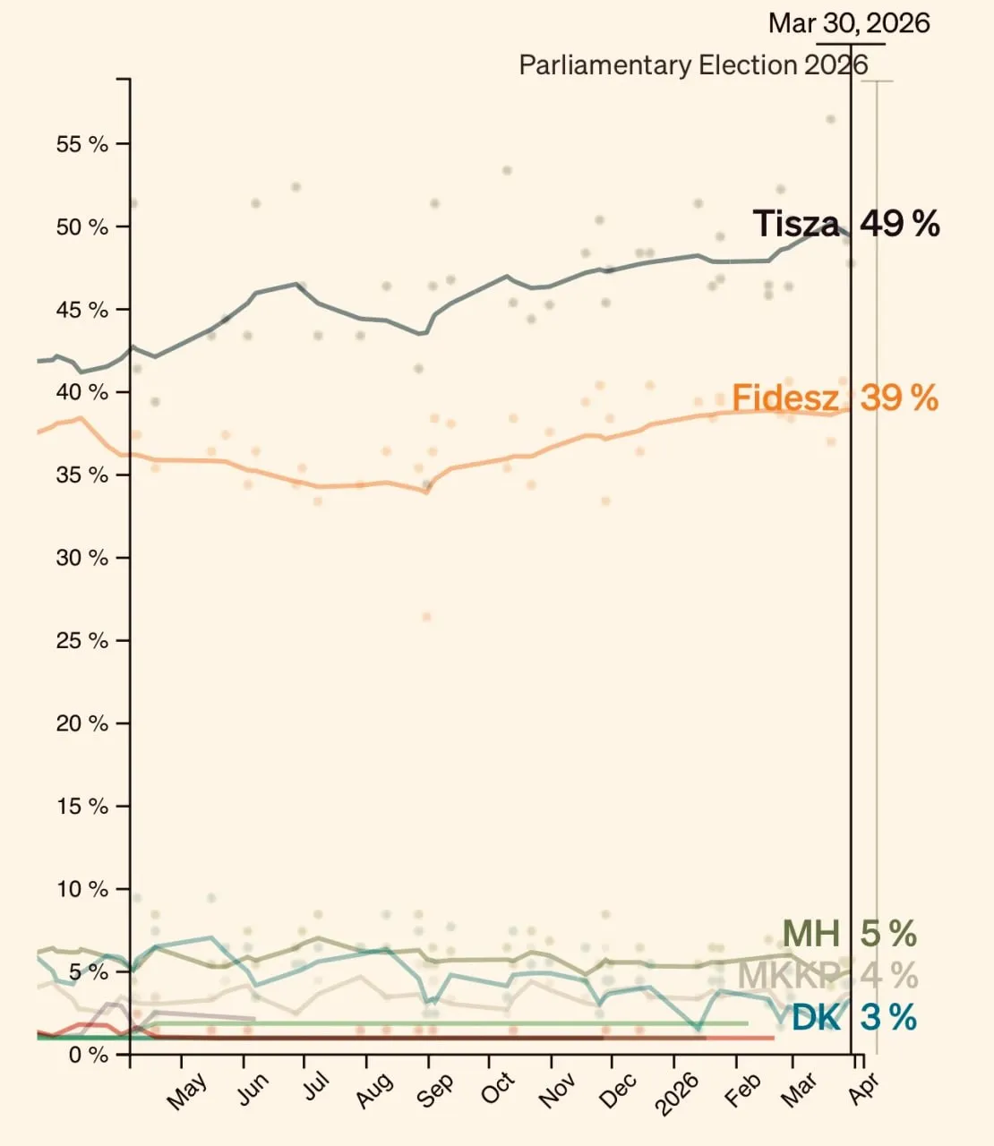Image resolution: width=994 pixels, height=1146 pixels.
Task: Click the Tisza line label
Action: point(796,224)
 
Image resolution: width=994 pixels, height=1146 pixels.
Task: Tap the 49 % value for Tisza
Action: point(900,224)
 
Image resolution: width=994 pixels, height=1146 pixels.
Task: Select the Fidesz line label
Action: point(785,398)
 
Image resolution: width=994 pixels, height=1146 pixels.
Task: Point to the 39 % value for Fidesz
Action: point(899,398)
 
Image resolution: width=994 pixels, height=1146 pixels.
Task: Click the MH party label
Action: point(811,934)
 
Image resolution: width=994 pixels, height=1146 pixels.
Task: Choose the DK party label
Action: point(817,1018)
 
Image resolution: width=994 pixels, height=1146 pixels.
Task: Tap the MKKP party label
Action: point(789,975)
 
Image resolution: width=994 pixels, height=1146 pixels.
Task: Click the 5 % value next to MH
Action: point(888,934)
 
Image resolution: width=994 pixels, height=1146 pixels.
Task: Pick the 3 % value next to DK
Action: point(888,1018)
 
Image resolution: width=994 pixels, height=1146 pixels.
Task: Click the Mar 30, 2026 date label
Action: point(849,23)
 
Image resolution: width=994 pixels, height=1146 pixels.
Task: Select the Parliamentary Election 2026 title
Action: point(693,65)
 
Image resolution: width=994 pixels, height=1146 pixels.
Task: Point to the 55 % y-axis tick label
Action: point(82,144)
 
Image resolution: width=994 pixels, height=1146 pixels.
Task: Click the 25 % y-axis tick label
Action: point(82,641)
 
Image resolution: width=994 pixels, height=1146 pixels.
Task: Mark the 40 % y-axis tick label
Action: point(82,392)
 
